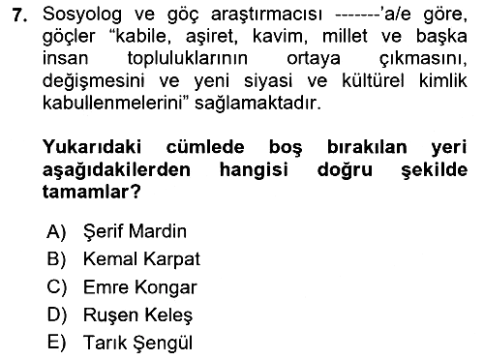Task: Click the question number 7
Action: tap(19, 15)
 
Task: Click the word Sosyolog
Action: tap(82, 15)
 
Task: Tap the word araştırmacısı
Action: tap(266, 15)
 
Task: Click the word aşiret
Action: tap(212, 37)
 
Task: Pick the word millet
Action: tap(345, 36)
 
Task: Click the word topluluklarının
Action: tap(188, 59)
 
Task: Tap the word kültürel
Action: tap(373, 80)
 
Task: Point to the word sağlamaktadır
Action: tap(258, 104)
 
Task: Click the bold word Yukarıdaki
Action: tap(92, 147)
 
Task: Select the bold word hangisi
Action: tap(254, 170)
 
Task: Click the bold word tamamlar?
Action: tap(92, 192)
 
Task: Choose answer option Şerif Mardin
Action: tap(135, 231)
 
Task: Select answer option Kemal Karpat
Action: tap(141, 259)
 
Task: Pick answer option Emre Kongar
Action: tap(140, 287)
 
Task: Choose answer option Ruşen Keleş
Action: tap(137, 315)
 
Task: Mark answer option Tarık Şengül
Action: tap(137, 343)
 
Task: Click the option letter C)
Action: tap(57, 287)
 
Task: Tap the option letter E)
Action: tap(57, 343)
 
